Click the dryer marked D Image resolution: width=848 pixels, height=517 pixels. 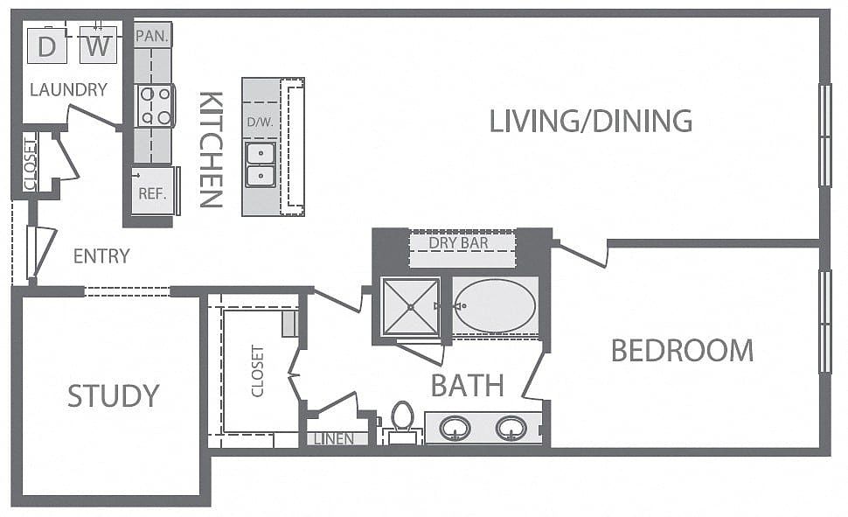tap(47, 45)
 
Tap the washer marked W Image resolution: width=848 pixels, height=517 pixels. tap(98, 45)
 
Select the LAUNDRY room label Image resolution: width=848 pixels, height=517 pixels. tap(69, 89)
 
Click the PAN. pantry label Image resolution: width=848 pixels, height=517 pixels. tap(152, 36)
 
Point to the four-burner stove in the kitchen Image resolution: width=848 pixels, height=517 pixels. tap(155, 106)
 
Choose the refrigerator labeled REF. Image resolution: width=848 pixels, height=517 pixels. tap(154, 190)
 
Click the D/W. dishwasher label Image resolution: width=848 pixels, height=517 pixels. tap(261, 122)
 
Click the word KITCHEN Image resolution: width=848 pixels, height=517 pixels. tap(211, 150)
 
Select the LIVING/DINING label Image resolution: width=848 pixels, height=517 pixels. tap(591, 121)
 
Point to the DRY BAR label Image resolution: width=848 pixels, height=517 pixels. tap(459, 243)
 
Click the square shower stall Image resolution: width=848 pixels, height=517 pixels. tap(411, 307)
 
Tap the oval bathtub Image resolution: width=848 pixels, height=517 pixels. tap(495, 306)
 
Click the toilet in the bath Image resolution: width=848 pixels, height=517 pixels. tap(402, 418)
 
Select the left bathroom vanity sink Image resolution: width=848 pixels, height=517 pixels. tap(455, 429)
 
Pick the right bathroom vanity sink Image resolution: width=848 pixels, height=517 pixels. tap(511, 429)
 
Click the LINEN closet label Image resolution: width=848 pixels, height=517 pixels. tap(334, 439)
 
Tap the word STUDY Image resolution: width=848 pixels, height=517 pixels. tap(114, 395)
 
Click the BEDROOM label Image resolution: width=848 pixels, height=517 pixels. tap(682, 350)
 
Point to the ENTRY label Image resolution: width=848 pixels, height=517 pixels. tap(101, 256)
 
